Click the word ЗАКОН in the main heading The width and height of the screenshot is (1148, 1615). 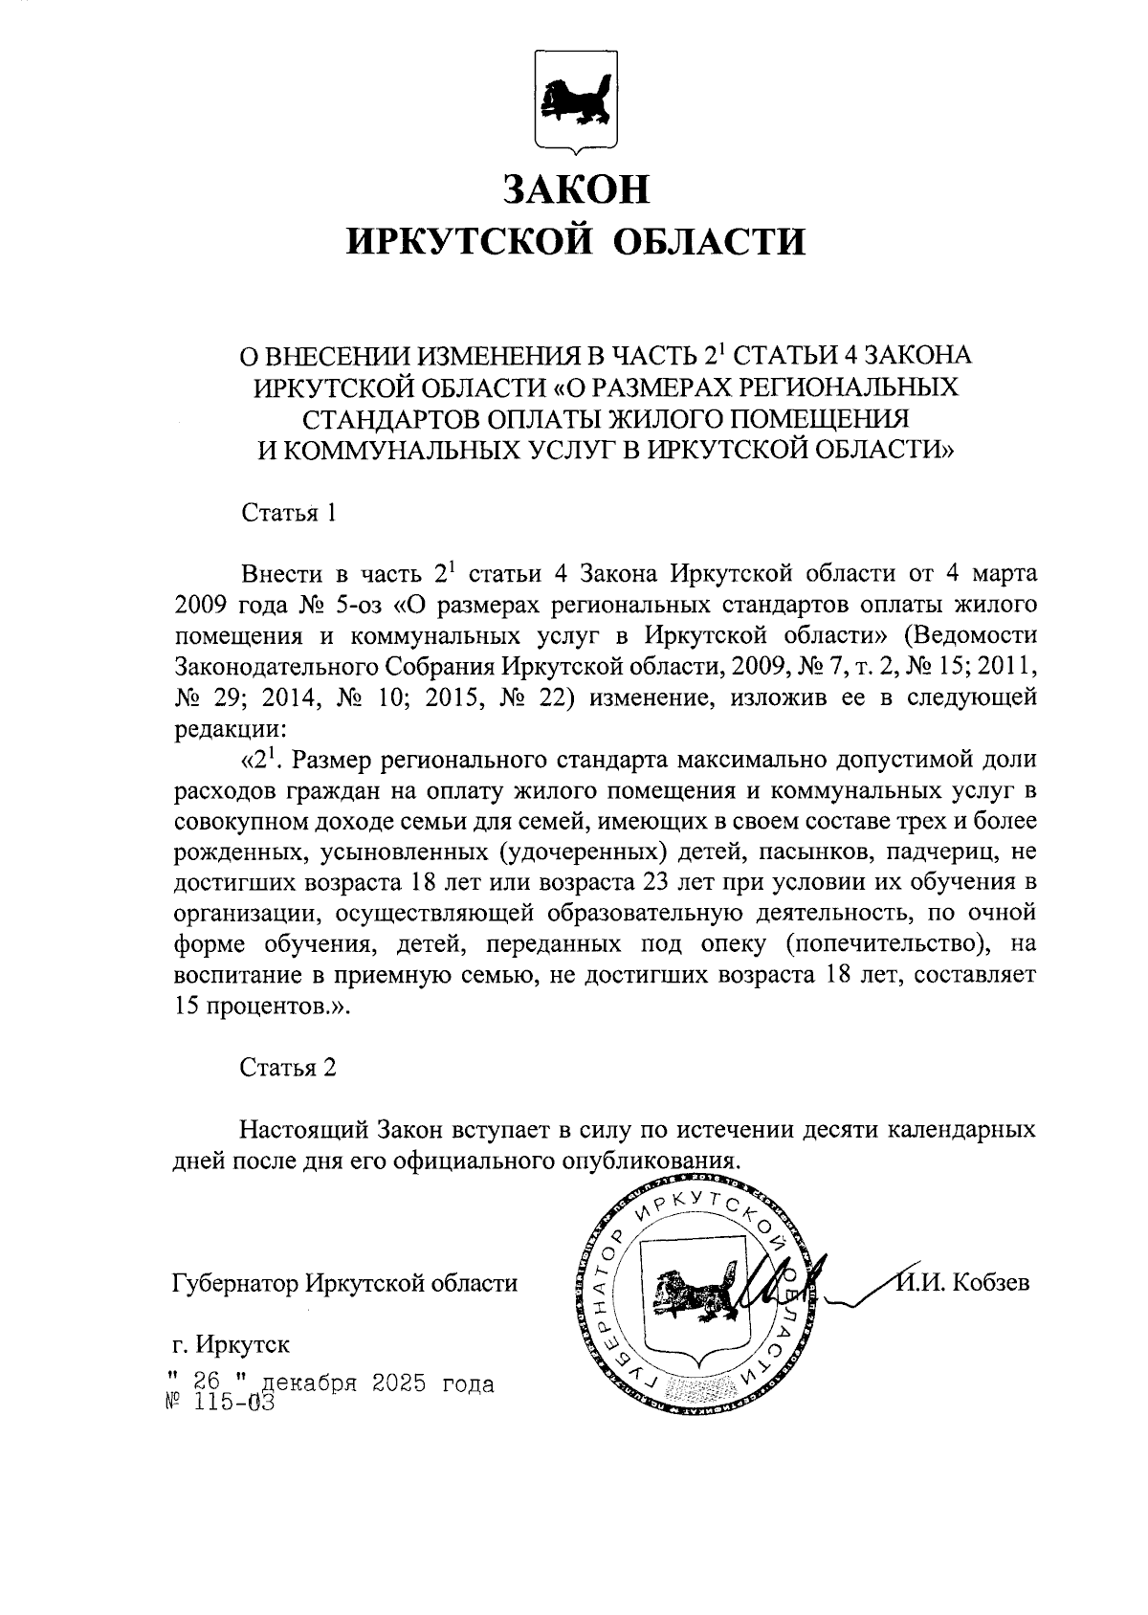[x=575, y=188]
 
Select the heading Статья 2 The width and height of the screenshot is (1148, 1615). [x=287, y=1068]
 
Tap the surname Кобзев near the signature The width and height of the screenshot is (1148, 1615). [x=993, y=1283]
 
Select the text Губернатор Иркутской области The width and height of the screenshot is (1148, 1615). [x=344, y=1283]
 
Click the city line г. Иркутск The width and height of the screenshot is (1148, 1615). [x=231, y=1344]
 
